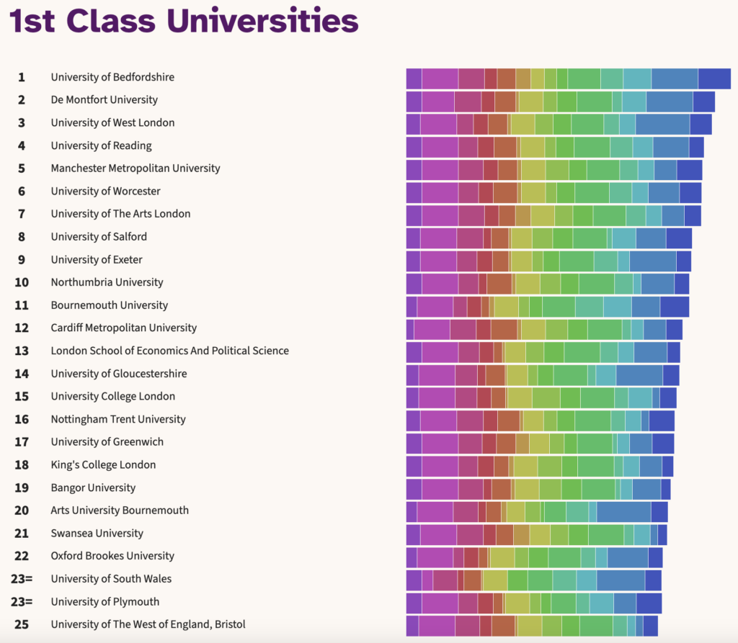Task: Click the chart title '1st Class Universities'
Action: [184, 22]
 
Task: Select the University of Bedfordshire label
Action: [112, 77]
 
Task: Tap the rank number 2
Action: [22, 100]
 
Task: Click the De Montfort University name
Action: [104, 100]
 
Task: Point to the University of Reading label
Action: [101, 145]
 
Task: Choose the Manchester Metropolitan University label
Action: [135, 168]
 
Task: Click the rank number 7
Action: [22, 214]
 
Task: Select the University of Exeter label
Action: [97, 259]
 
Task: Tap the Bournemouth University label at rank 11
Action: [109, 305]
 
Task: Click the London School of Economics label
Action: [169, 351]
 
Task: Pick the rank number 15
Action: [22, 396]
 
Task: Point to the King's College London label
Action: [103, 464]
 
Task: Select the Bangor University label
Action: [93, 487]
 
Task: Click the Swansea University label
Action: [97, 534]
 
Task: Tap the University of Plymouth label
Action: [105, 602]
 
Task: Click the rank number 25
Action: [22, 624]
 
